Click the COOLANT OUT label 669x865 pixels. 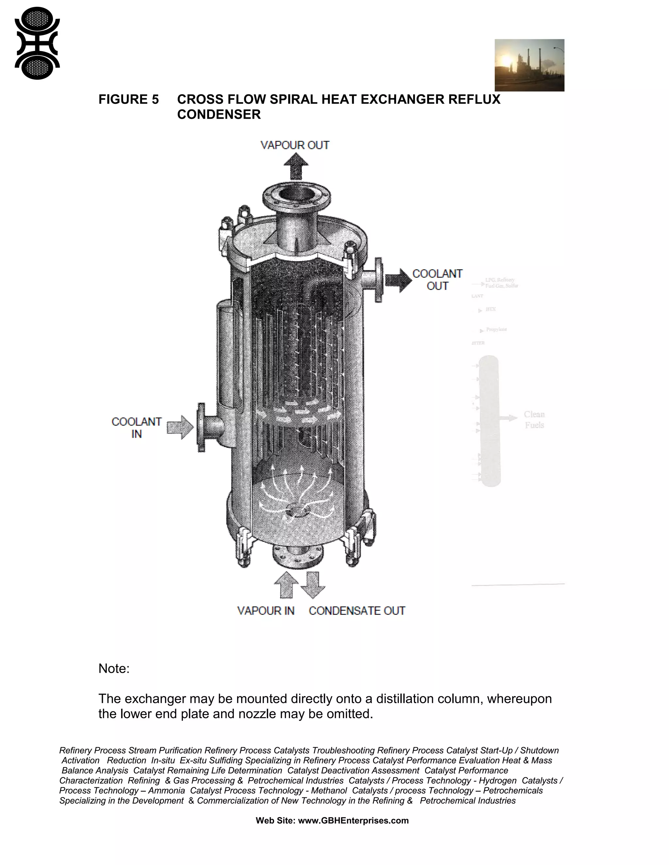click(x=437, y=280)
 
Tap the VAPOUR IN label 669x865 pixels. click(x=266, y=611)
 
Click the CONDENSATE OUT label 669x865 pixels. click(x=357, y=611)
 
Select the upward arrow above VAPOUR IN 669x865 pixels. click(x=286, y=585)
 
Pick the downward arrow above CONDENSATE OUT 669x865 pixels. click(x=313, y=585)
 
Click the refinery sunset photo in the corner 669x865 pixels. click(x=529, y=65)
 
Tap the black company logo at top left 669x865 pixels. click(x=37, y=43)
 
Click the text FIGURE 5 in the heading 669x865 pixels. click(x=128, y=100)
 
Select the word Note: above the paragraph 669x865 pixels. click(x=114, y=669)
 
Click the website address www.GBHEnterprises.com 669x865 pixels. click(x=353, y=821)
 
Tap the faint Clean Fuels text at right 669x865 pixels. click(x=534, y=419)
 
